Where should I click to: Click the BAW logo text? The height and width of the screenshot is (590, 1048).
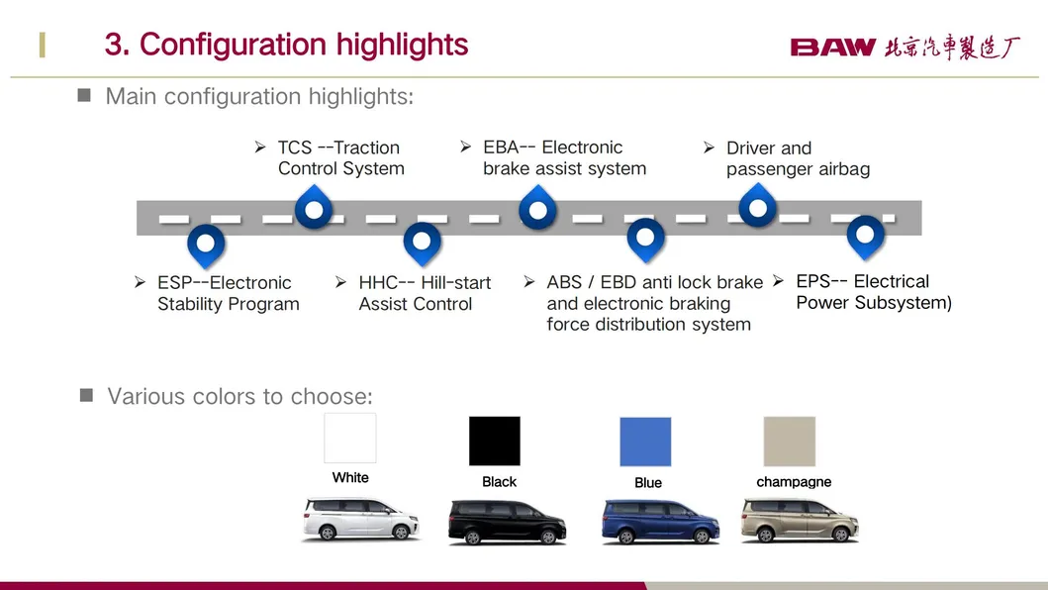(x=833, y=48)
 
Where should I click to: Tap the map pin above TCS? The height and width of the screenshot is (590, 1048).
(x=314, y=207)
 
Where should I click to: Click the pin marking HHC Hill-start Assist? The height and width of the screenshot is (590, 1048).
(x=422, y=244)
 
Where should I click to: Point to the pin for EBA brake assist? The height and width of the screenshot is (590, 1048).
(x=538, y=208)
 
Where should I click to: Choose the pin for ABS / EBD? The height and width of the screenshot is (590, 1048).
(x=645, y=241)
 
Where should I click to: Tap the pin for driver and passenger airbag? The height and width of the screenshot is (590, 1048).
(x=758, y=205)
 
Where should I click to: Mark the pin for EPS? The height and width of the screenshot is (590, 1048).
(x=866, y=238)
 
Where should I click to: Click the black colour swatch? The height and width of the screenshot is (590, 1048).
(x=495, y=441)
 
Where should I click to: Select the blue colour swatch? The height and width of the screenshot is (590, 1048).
(x=645, y=442)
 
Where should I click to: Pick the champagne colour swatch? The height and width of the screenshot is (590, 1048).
(x=790, y=442)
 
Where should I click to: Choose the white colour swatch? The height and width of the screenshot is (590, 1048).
(x=350, y=439)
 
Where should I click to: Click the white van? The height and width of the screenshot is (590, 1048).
(x=361, y=519)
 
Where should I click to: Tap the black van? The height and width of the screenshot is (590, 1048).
(x=508, y=522)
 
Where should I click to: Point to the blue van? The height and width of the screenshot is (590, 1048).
(x=660, y=521)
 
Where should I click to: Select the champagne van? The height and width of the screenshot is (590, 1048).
(x=800, y=520)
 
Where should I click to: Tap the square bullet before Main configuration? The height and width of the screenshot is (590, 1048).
(x=84, y=95)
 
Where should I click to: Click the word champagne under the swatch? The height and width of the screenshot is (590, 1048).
(x=794, y=482)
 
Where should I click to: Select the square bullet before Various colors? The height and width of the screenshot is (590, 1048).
(x=86, y=395)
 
